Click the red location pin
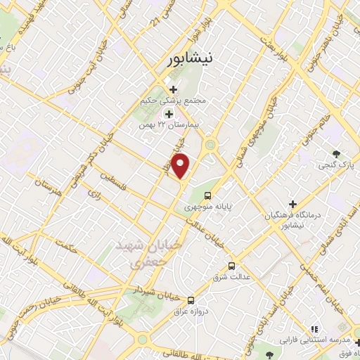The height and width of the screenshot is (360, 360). tap(181, 166)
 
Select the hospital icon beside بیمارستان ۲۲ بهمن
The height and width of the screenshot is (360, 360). tap(168, 112)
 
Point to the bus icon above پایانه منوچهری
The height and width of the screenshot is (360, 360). tap(207, 195)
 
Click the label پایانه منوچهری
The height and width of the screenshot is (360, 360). tap(208, 207)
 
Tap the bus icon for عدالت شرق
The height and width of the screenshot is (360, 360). tap(232, 266)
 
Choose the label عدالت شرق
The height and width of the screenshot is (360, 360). tap(232, 278)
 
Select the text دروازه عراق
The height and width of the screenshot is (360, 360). tap(191, 312)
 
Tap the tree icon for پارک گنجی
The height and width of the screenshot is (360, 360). tap(337, 154)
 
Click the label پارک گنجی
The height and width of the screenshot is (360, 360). tap(335, 166)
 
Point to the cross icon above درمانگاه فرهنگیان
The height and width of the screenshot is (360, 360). tap(292, 203)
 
